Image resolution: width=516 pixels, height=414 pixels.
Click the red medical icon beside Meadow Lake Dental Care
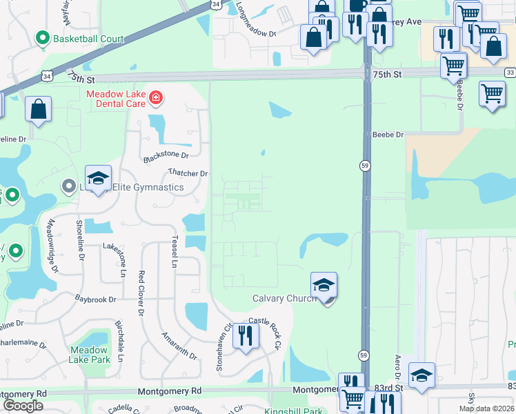[157, 98]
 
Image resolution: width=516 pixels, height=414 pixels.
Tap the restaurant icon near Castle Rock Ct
[245, 335]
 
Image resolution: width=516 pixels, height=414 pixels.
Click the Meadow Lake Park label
[89, 355]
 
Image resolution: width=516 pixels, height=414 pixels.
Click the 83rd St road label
[389, 388]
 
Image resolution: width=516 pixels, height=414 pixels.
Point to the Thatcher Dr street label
[188, 173]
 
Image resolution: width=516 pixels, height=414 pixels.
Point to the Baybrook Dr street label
[96, 299]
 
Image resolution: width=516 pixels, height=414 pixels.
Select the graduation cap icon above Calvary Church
[323, 284]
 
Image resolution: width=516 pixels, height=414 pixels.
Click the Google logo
[23, 406]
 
